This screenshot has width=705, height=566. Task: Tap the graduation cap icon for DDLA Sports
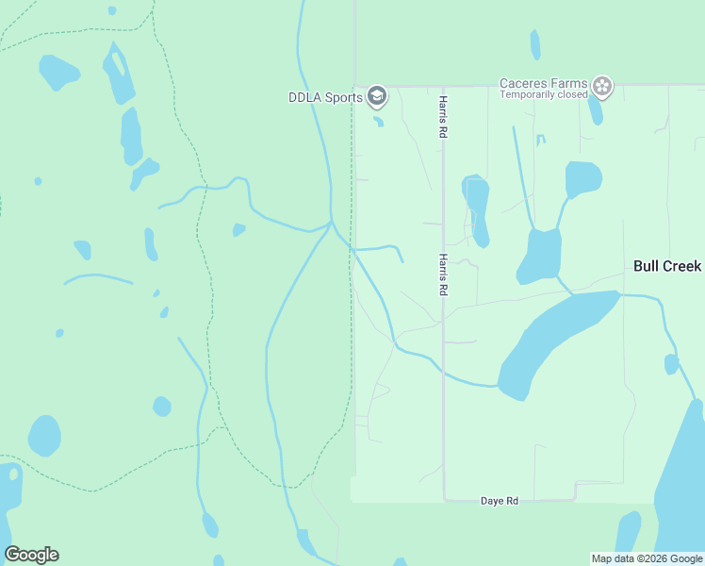377,95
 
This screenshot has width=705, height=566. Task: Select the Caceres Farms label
544,83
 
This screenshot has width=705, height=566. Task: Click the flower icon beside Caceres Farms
602,88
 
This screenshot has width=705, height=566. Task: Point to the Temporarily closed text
542,94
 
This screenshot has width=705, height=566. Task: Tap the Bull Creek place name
667,266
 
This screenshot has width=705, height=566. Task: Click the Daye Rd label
500,501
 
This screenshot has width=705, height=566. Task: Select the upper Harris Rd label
441,117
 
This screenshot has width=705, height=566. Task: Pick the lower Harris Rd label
441,275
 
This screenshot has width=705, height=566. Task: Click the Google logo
31,554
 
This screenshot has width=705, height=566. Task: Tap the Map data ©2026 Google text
647,558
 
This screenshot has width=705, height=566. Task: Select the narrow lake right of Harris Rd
477,209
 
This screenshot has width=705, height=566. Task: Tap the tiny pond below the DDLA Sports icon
379,121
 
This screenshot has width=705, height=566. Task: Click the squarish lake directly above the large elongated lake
541,255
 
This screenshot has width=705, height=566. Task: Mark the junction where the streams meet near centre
331,224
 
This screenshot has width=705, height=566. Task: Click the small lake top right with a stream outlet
583,178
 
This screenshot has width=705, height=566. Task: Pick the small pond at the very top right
535,44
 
